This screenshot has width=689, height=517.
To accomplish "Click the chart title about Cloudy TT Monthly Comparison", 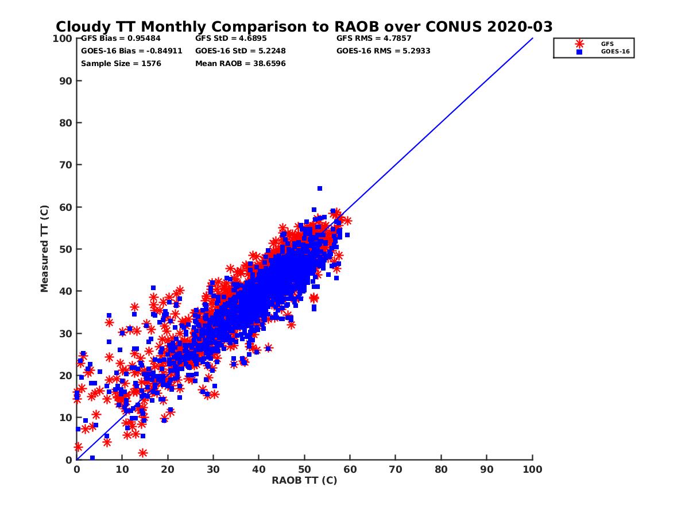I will [304, 26].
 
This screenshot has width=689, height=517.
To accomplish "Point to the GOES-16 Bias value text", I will [131, 51].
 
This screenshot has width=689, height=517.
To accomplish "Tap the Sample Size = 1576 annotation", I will [121, 63].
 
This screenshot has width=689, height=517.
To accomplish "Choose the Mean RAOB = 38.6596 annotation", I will [240, 63].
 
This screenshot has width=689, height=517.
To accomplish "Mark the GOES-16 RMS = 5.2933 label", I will [383, 51].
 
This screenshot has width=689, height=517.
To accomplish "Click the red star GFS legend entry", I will [579, 44].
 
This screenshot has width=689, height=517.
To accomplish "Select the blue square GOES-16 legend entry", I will [579, 52].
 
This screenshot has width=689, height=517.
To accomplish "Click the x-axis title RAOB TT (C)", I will [304, 480].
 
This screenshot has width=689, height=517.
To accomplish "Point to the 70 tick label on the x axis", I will [396, 469].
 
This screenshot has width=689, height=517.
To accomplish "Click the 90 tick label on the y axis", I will [66, 80].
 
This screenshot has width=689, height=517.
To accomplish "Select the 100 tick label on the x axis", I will [532, 469].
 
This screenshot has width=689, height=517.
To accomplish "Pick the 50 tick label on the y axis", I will [66, 249].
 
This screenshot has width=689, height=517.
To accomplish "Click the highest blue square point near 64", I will [320, 188].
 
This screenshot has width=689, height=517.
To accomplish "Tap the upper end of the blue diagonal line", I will [532, 38].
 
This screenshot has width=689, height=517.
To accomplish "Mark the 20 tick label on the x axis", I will [168, 469].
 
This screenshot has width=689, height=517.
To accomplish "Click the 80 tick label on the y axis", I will [66, 122].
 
